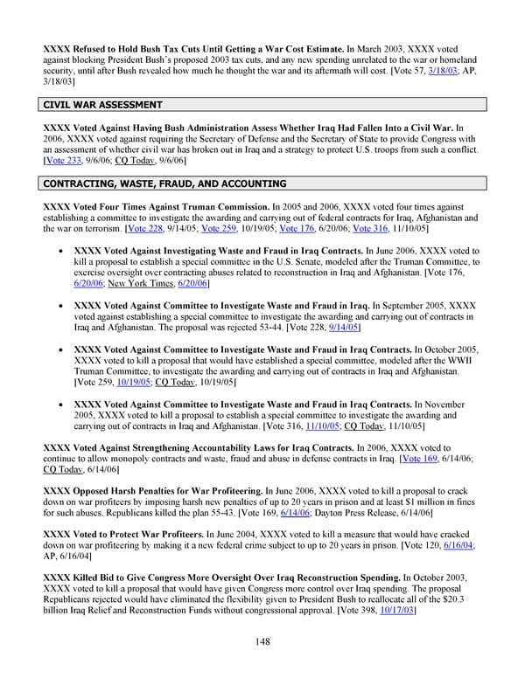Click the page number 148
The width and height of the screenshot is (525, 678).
click(262, 641)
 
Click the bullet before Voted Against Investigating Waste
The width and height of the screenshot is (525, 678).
click(57, 250)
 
